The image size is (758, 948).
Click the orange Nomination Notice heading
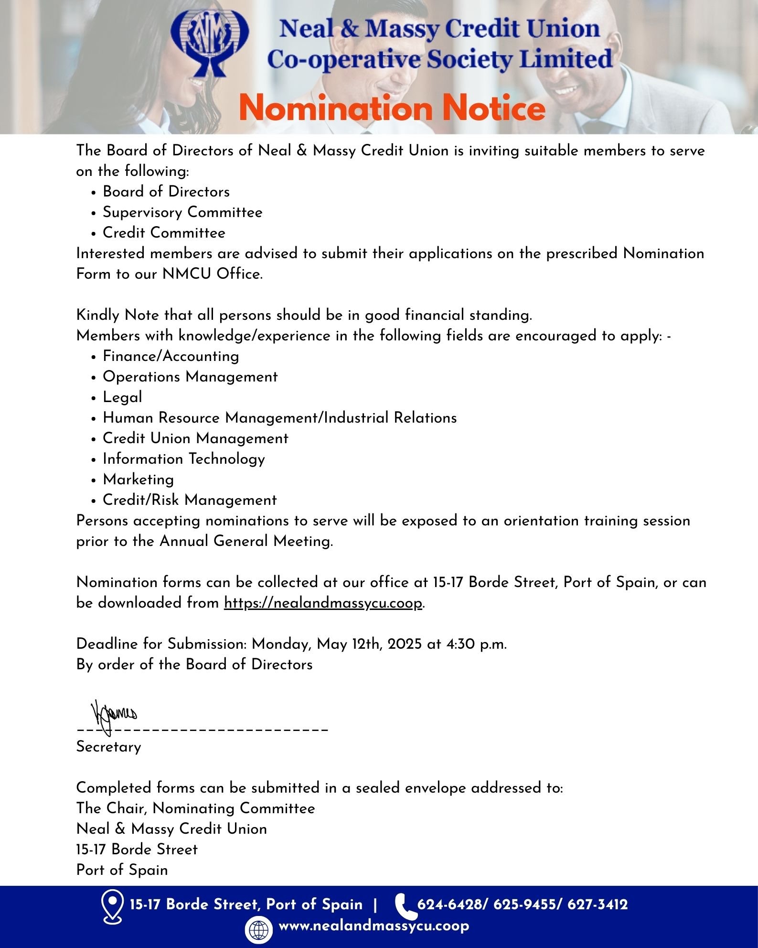pos(392,108)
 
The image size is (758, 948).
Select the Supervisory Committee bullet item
pos(182,212)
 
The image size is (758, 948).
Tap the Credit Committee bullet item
pos(164,233)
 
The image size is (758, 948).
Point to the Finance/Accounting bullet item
pos(171,356)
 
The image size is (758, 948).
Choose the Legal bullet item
pos(122,397)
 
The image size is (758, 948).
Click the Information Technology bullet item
pos(184,459)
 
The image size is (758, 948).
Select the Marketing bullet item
pos(138,479)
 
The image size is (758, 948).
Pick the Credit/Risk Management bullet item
pos(190,500)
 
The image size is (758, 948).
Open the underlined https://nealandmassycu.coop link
pos(323,603)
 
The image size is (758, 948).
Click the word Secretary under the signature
pos(109,747)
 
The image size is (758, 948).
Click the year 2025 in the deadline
pos(405,644)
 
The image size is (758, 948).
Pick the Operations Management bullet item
pos(190,377)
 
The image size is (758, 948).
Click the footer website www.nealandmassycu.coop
pos(374,926)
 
